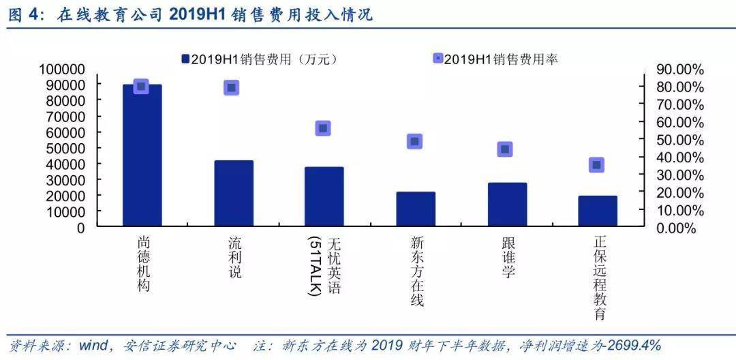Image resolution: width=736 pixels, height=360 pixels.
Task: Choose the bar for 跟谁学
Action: point(507,204)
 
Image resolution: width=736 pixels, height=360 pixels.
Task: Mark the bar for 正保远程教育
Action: point(598,211)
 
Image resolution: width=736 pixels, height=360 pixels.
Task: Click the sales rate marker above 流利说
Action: point(231,87)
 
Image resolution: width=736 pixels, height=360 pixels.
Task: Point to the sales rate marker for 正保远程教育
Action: point(596,164)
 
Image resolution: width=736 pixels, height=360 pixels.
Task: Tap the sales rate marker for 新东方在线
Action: point(414,142)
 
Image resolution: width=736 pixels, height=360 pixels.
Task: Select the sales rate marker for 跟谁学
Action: point(505,149)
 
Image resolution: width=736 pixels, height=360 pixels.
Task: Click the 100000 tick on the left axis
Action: point(62,69)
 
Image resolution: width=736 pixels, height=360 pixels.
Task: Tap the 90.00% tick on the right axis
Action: point(679,70)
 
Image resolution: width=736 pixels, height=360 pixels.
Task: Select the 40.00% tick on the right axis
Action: point(679,157)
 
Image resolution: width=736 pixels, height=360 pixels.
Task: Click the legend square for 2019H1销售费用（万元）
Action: point(185,59)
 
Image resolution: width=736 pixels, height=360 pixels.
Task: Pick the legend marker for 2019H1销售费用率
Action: point(438,59)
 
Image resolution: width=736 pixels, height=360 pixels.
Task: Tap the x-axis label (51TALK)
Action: point(315,267)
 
